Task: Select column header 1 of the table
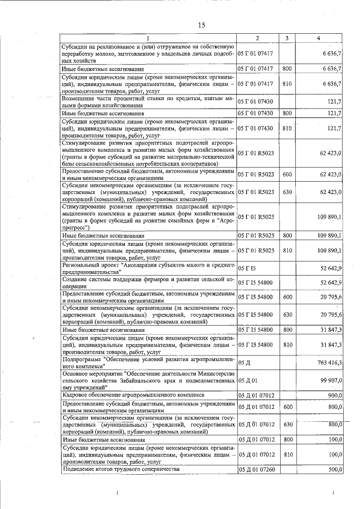148,38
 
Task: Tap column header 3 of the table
287,38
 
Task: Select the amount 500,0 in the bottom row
335,469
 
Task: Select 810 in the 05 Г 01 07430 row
287,128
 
